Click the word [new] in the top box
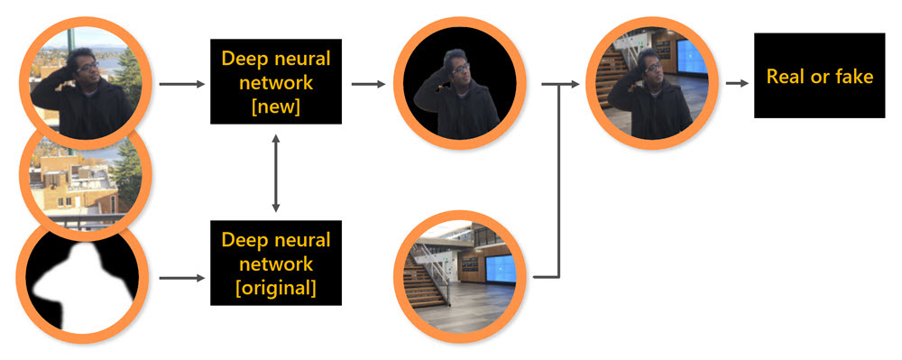[x=276, y=107]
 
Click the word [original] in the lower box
[x=276, y=288]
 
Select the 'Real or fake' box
[x=820, y=75]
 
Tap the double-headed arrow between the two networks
[x=276, y=172]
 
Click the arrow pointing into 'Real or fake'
[x=737, y=84]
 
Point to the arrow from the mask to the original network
[x=182, y=278]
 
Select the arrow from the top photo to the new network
[x=182, y=85]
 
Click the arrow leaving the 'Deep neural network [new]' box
[x=368, y=85]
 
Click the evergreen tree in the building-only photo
[x=127, y=172]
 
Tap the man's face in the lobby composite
[x=652, y=68]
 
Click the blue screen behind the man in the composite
[x=692, y=58]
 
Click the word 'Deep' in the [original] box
[x=243, y=240]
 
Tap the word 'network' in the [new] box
[x=276, y=83]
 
